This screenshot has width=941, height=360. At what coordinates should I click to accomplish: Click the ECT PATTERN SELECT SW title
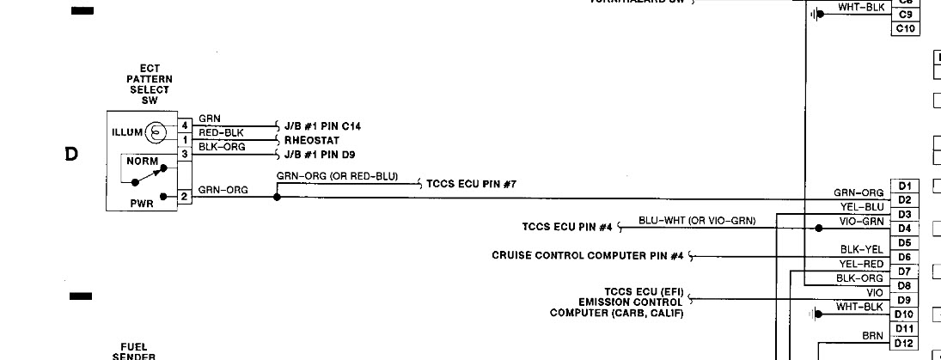(x=149, y=84)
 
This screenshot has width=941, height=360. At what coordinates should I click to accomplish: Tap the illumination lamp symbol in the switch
(x=156, y=132)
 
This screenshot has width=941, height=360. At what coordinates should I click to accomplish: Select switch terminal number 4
(x=184, y=125)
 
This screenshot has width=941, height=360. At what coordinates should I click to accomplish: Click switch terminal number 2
(x=184, y=197)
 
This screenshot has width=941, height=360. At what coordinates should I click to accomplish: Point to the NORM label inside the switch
(x=141, y=161)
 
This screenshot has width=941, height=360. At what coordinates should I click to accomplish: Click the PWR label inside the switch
(x=142, y=204)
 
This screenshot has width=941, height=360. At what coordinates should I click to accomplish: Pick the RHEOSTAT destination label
(x=312, y=140)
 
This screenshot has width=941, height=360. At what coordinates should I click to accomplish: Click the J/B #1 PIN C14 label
(x=322, y=126)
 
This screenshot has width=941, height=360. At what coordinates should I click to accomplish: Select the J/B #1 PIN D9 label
(x=320, y=155)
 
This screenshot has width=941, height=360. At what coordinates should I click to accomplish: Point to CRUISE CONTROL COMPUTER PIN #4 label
(x=587, y=255)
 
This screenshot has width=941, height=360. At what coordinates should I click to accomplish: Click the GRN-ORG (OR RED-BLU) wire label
(x=337, y=176)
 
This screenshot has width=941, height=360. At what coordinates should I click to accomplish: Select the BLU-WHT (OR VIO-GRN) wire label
(x=697, y=221)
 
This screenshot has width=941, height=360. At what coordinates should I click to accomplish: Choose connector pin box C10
(x=907, y=28)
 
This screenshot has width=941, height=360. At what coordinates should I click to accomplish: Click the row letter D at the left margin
(x=71, y=155)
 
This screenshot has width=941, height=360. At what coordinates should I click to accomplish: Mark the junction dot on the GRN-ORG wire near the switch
(x=277, y=197)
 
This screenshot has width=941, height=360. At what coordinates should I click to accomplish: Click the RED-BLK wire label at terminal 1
(x=221, y=133)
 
